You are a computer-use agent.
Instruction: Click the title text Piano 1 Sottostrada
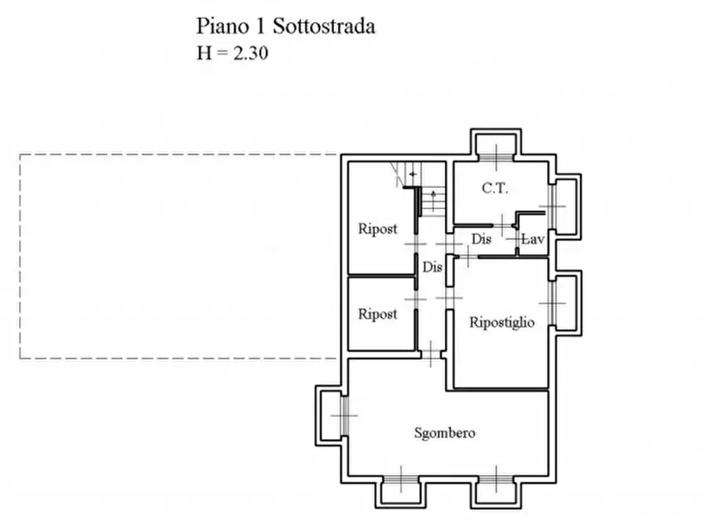(285, 26)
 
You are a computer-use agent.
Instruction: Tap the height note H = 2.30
(235, 53)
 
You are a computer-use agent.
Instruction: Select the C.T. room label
(495, 188)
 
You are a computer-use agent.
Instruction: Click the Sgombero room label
(445, 433)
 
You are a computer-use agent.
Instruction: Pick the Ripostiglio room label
(502, 322)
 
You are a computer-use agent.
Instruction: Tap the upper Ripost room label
(377, 229)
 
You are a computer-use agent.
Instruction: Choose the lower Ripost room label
(377, 314)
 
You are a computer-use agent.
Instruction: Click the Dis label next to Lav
(481, 239)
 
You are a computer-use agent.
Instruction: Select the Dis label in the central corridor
(432, 267)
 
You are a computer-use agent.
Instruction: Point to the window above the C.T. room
(495, 146)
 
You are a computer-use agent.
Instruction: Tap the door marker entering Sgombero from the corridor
(432, 352)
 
